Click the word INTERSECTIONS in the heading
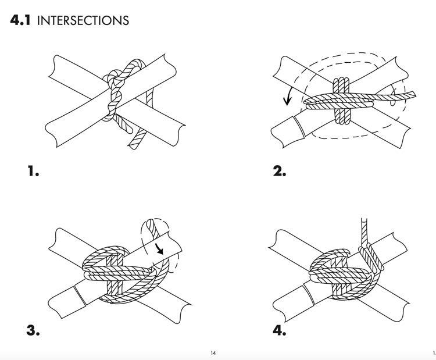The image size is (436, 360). (x=83, y=21)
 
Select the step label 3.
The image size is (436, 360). (x=33, y=330)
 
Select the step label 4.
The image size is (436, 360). (x=280, y=330)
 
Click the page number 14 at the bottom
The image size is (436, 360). (x=213, y=353)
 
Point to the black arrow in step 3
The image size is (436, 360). (x=159, y=248)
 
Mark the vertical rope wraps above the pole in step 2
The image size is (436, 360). (x=341, y=86)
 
